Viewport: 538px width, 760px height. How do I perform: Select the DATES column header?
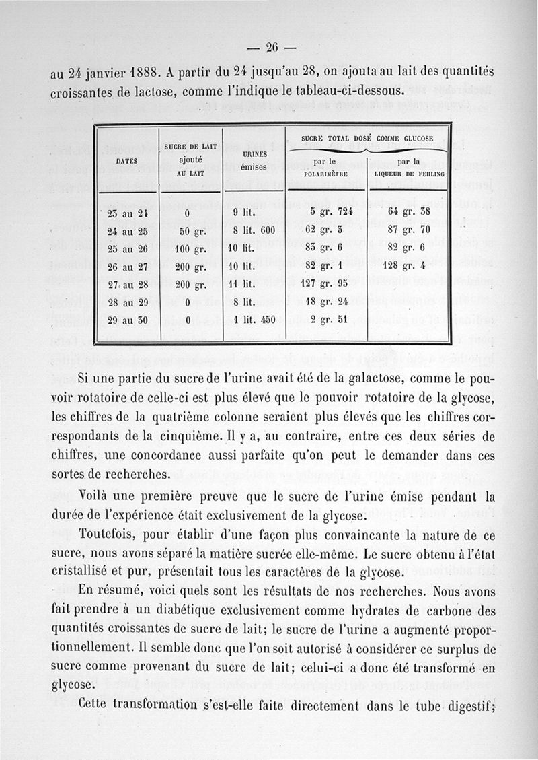pyautogui.click(x=126, y=162)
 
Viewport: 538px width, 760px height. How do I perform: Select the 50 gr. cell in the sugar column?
pyautogui.click(x=190, y=232)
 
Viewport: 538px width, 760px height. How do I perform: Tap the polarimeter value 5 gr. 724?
pyautogui.click(x=330, y=214)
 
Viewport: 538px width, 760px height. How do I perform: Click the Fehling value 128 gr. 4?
pyautogui.click(x=409, y=267)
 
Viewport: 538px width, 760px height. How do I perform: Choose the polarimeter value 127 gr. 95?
pyautogui.click(x=330, y=284)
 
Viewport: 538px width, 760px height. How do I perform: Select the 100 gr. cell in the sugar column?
pyautogui.click(x=190, y=249)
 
